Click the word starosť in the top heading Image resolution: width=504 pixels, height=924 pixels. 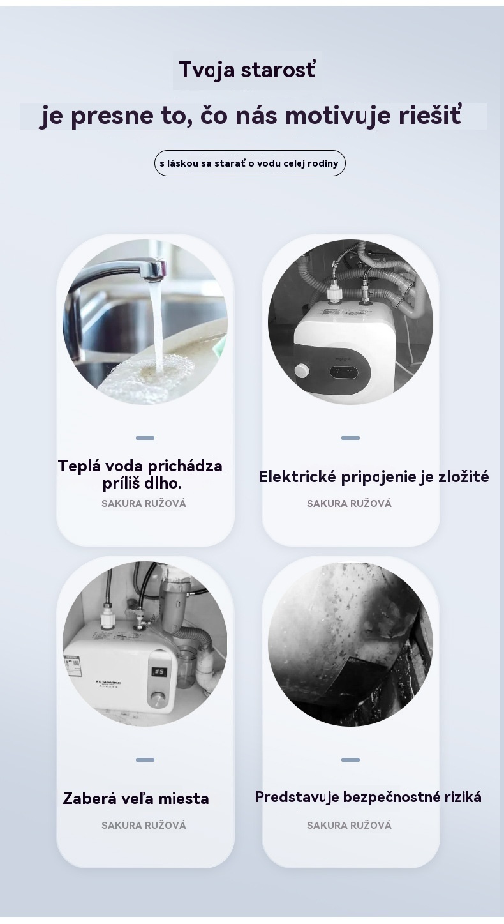278,70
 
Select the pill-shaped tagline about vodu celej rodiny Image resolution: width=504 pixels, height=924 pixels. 249,163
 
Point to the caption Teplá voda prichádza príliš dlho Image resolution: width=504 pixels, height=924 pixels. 140,474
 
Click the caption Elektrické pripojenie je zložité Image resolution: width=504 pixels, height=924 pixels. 374,477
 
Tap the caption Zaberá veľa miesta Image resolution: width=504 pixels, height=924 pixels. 136,799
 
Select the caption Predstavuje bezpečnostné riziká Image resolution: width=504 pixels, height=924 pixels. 368,797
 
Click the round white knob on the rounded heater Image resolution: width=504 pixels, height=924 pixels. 302,370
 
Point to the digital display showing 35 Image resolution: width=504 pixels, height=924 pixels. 159,672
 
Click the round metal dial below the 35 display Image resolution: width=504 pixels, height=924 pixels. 157,700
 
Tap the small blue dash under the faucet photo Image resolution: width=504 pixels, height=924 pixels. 145,437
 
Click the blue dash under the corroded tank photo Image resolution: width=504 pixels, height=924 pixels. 351,759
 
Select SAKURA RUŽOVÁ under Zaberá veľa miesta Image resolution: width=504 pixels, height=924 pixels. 144,825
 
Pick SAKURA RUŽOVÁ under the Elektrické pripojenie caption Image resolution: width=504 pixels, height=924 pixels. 349,503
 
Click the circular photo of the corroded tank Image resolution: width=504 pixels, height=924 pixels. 350,644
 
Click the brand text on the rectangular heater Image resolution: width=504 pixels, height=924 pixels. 108,683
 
